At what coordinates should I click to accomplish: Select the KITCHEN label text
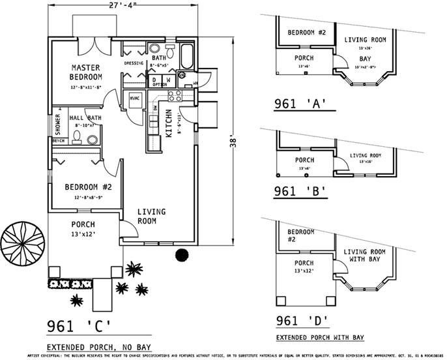pos(168,123)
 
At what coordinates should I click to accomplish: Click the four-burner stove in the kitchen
pos(174,96)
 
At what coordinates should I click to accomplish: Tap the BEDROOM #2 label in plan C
pos(88,187)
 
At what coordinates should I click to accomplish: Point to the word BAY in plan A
pos(364,59)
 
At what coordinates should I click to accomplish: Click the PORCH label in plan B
pos(304,160)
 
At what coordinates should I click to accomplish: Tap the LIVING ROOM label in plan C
pos(151,217)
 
